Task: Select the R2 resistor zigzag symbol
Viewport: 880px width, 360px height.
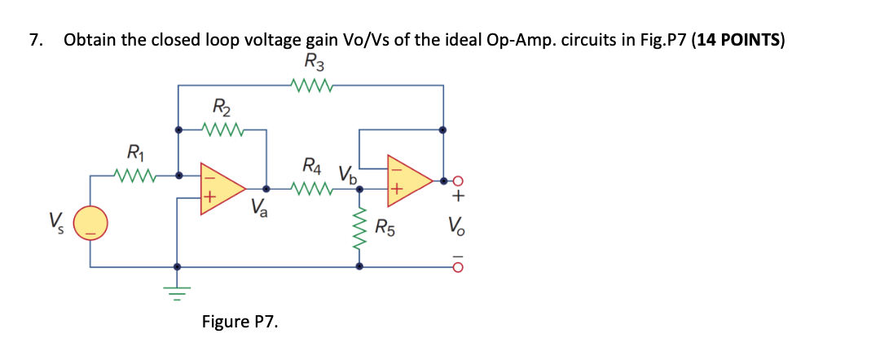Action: coord(222,129)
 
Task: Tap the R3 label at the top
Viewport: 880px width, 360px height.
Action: coord(314,61)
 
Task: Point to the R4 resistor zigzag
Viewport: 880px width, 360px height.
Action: coord(312,188)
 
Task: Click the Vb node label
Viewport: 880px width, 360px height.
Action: coord(346,173)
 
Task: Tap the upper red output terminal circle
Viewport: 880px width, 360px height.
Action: coord(459,180)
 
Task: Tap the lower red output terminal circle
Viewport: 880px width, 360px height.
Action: coord(459,266)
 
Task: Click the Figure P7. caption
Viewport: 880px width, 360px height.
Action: coord(240,322)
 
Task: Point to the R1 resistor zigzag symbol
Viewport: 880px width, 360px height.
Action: coord(135,174)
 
